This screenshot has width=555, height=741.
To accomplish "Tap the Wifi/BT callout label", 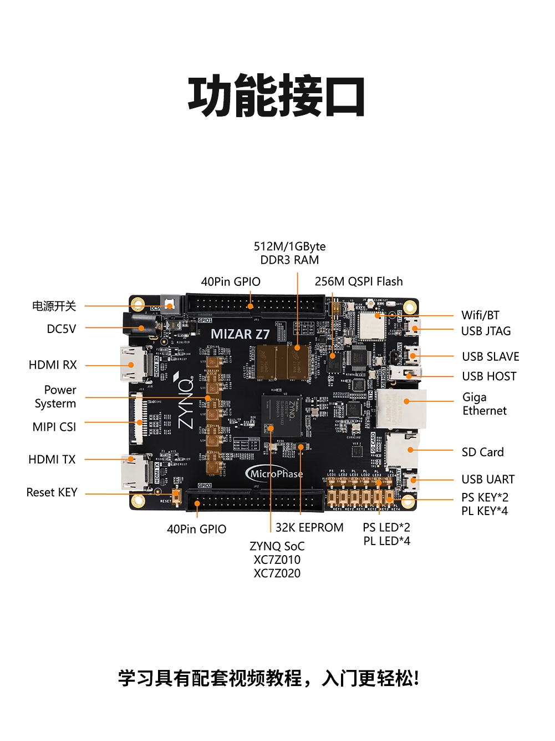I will pyautogui.click(x=480, y=315).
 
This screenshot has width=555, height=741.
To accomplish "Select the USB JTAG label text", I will pyautogui.click(x=486, y=331).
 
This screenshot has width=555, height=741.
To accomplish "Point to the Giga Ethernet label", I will pyautogui.click(x=484, y=404).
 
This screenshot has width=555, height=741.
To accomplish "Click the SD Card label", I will pyautogui.click(x=482, y=452).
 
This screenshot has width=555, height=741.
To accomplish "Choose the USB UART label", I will pyautogui.click(x=488, y=479).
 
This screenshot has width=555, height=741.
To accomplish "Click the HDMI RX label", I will pyautogui.click(x=53, y=365).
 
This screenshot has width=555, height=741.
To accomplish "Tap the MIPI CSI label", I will pyautogui.click(x=54, y=427).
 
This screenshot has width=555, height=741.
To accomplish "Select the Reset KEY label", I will pyautogui.click(x=52, y=492).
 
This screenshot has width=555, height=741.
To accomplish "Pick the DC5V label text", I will pyautogui.click(x=62, y=329).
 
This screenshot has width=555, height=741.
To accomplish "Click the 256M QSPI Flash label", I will pyautogui.click(x=359, y=281).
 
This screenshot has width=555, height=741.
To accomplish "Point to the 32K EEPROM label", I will pyautogui.click(x=309, y=527).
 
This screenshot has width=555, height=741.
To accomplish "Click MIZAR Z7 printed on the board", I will pyautogui.click(x=240, y=334).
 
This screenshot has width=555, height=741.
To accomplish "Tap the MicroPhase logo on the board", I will pyautogui.click(x=275, y=473).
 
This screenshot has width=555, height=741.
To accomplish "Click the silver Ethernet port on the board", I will pyautogui.click(x=401, y=409).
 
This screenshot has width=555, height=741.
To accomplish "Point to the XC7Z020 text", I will pyautogui.click(x=277, y=573).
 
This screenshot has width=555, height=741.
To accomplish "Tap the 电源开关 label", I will pyautogui.click(x=54, y=306).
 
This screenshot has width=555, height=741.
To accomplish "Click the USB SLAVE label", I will pyautogui.click(x=491, y=356).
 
